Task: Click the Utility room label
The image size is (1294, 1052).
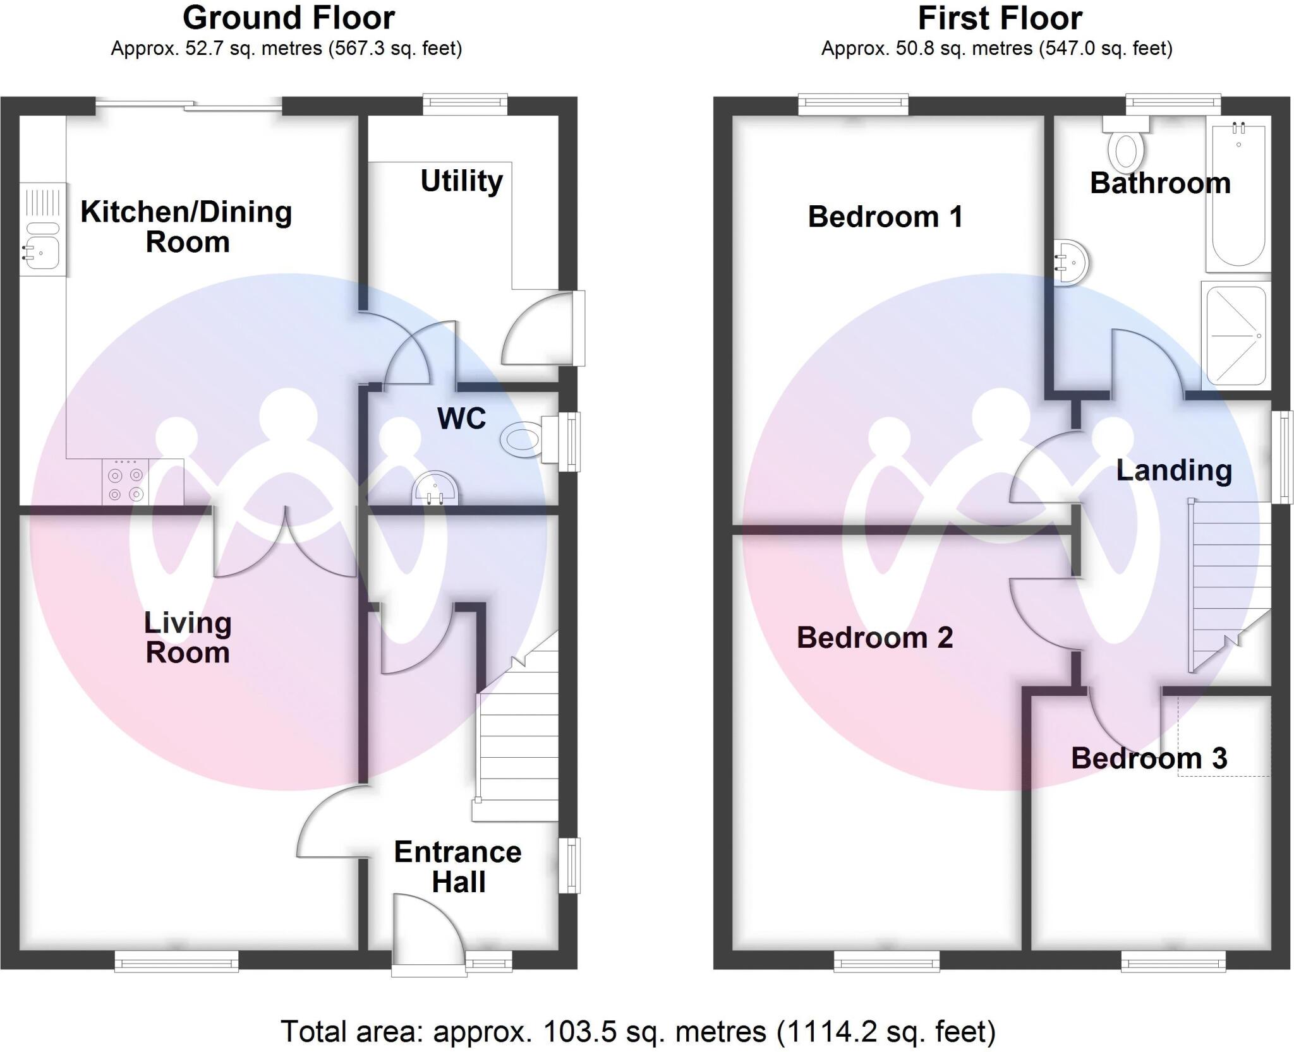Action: (461, 181)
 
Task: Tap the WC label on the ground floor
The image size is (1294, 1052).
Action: (461, 418)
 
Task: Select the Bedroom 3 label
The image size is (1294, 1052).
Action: (1148, 758)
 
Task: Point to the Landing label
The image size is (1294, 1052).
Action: (1173, 470)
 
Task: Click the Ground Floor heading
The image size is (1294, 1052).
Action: (289, 18)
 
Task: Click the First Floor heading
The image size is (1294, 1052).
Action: (1000, 18)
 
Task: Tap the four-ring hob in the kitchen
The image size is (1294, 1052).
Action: (126, 484)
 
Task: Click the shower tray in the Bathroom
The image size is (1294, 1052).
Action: (1236, 336)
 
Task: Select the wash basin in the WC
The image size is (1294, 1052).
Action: (435, 491)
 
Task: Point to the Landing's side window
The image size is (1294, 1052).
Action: (1281, 457)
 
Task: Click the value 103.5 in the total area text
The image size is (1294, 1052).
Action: (578, 1032)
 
